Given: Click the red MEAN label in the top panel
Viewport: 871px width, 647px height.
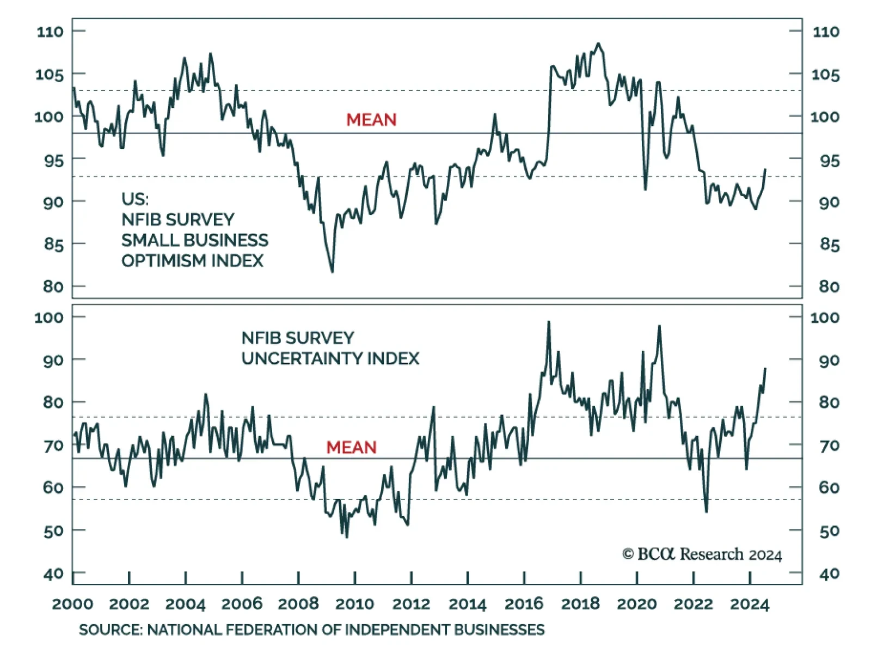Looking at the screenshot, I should click(x=371, y=120).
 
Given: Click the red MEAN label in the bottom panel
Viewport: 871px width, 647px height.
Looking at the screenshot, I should click(x=351, y=448).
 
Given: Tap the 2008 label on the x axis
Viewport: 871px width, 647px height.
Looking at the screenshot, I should click(x=298, y=604).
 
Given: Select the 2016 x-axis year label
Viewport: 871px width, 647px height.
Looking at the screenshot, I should click(x=524, y=604).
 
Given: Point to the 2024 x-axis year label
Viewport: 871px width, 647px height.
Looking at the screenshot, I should click(x=750, y=604).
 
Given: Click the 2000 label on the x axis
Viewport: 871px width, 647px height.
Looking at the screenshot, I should click(x=72, y=604).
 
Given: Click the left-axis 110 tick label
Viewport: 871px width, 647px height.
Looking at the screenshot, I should click(x=50, y=32).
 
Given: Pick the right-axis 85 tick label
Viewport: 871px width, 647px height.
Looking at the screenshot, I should click(x=829, y=245).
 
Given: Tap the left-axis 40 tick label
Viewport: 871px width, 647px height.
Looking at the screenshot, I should click(x=53, y=573).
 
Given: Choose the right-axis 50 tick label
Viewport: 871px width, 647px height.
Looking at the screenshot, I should click(x=829, y=531).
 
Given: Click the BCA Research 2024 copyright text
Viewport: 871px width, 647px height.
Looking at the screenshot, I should click(x=702, y=554).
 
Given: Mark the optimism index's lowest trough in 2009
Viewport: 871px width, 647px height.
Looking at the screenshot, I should click(x=332, y=271).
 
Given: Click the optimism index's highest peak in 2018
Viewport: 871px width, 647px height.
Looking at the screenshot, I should click(x=598, y=44).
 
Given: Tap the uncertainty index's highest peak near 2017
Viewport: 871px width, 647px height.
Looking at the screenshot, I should click(x=549, y=322).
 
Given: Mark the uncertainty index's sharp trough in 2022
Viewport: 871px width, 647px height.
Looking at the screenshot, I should click(x=706, y=511).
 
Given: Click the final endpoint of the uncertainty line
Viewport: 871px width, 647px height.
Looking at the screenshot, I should click(x=765, y=369).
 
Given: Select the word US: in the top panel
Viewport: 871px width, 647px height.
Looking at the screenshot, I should click(x=134, y=199).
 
